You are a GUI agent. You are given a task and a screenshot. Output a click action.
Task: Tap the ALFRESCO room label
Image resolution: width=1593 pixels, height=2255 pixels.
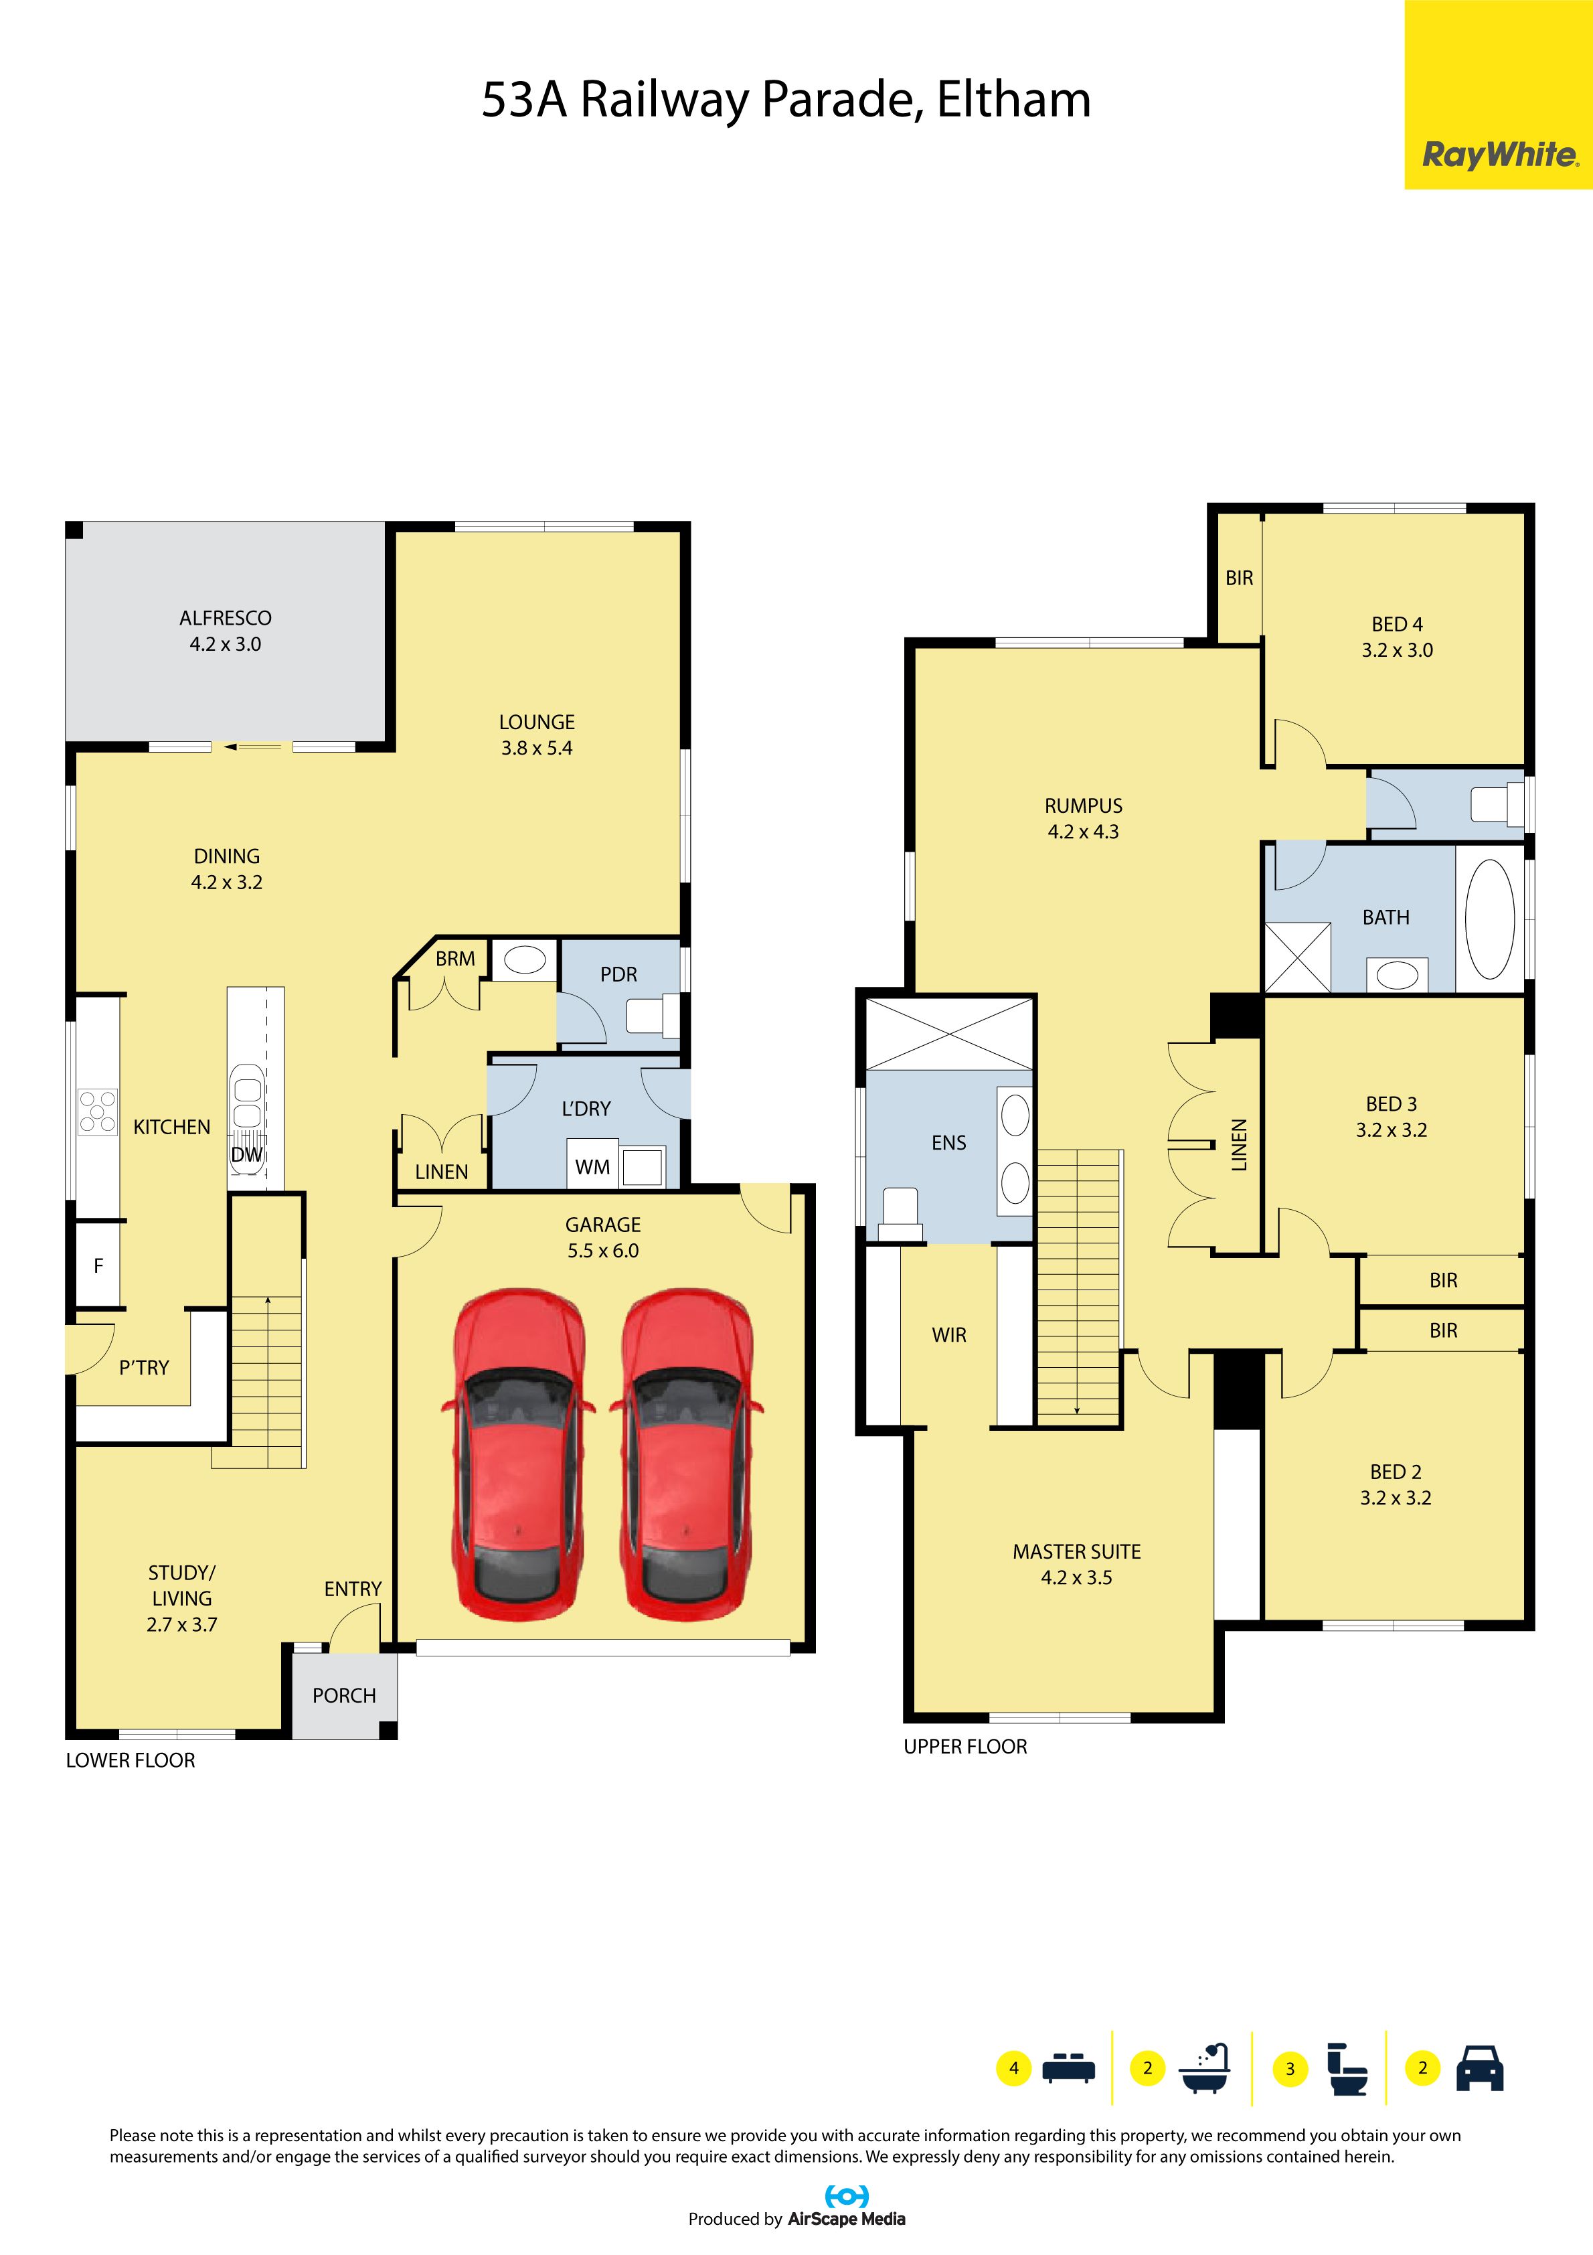point(225,618)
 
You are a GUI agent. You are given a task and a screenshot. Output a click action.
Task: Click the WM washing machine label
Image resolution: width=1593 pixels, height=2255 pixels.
point(592,1167)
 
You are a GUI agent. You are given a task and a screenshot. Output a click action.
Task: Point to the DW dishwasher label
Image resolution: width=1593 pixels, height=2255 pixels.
point(246,1154)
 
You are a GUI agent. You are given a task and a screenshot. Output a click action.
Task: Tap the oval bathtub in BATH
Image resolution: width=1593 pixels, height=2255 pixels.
point(1489,919)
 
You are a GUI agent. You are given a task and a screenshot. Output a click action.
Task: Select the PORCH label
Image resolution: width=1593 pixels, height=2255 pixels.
point(344,1695)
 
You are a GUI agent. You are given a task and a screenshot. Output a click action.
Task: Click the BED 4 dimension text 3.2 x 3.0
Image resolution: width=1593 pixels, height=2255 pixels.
point(1397,650)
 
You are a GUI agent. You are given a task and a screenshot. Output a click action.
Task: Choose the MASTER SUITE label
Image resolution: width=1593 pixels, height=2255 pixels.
point(1076,1552)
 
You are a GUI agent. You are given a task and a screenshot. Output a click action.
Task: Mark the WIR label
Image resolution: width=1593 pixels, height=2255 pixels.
point(948,1335)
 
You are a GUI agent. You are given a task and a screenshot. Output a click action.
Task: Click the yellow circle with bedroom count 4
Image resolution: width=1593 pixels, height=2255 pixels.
point(1013,2068)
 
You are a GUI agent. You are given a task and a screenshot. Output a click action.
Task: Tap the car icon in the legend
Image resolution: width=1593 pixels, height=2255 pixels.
point(1479,2068)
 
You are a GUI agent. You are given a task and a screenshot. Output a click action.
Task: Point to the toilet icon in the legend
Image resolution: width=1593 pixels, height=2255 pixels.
point(1347,2068)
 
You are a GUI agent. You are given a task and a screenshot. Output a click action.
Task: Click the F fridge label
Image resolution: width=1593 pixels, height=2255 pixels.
point(98,1266)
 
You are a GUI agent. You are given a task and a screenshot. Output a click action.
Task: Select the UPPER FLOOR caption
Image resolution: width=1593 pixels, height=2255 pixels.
point(965,1746)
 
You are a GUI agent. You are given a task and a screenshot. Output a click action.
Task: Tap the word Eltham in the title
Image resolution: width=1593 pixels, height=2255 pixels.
point(1013,100)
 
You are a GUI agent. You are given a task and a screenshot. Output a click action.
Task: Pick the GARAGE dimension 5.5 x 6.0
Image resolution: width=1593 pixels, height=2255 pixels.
point(603,1250)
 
